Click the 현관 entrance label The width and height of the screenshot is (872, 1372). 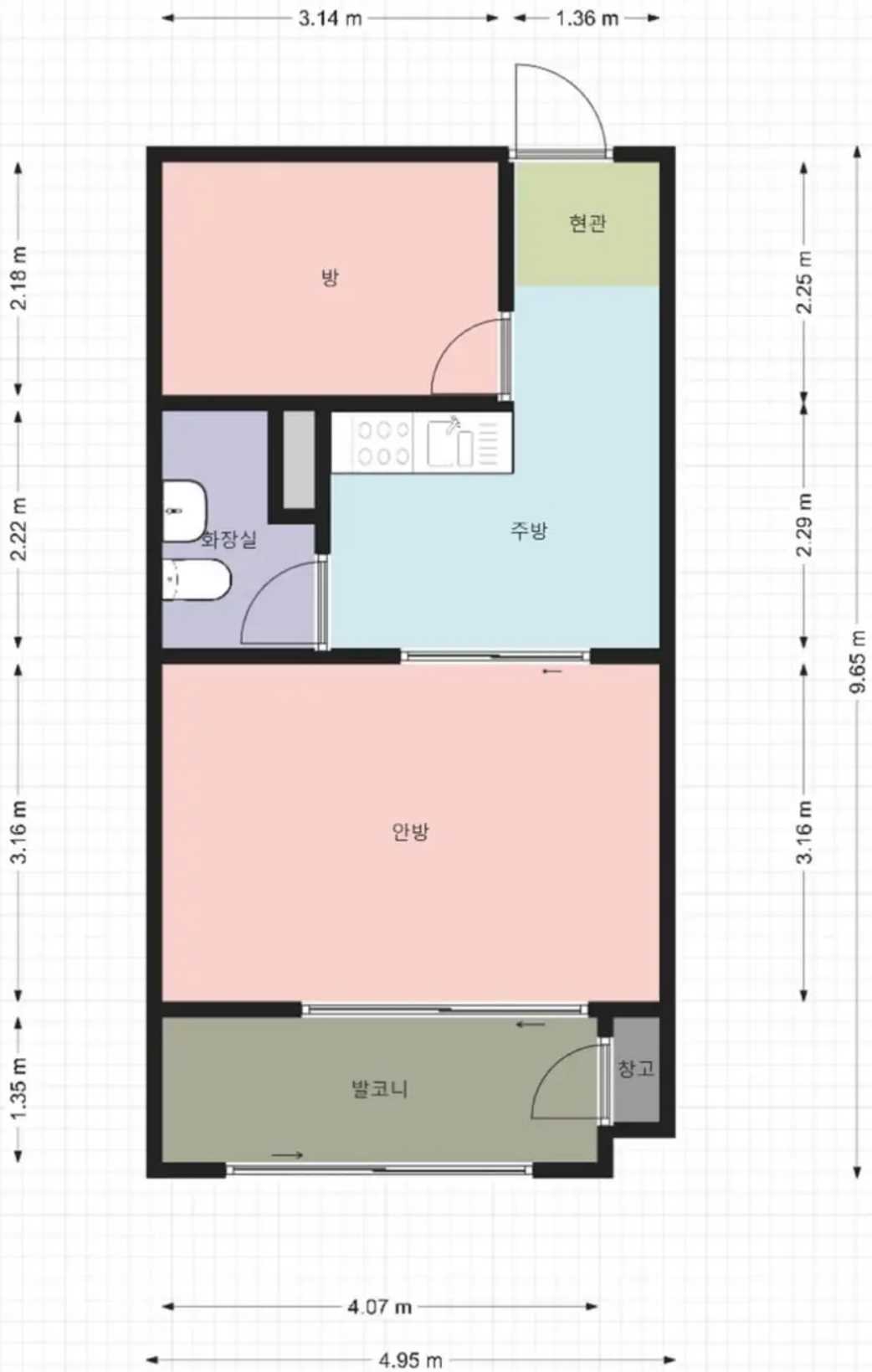[x=587, y=223]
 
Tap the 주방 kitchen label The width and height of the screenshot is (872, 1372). [x=529, y=531]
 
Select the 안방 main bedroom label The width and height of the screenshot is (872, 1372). [x=410, y=831]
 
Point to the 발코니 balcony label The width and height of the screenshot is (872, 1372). [x=380, y=1088]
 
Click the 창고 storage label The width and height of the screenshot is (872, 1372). [x=636, y=1068]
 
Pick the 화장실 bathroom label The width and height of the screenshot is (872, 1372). [x=228, y=540]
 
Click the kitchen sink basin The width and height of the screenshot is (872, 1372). [x=451, y=441]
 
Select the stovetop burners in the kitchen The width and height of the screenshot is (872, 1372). [x=383, y=442]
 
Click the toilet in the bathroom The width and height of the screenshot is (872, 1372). [x=197, y=579]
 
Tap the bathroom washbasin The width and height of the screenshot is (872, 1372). [x=184, y=511]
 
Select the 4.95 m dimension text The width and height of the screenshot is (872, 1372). [x=410, y=1361]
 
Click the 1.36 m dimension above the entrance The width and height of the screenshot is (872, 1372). [x=587, y=18]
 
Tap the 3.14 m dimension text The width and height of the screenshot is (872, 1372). [x=330, y=18]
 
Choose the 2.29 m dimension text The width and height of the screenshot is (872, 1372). [x=804, y=524]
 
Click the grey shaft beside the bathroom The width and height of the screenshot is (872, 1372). [x=300, y=460]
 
